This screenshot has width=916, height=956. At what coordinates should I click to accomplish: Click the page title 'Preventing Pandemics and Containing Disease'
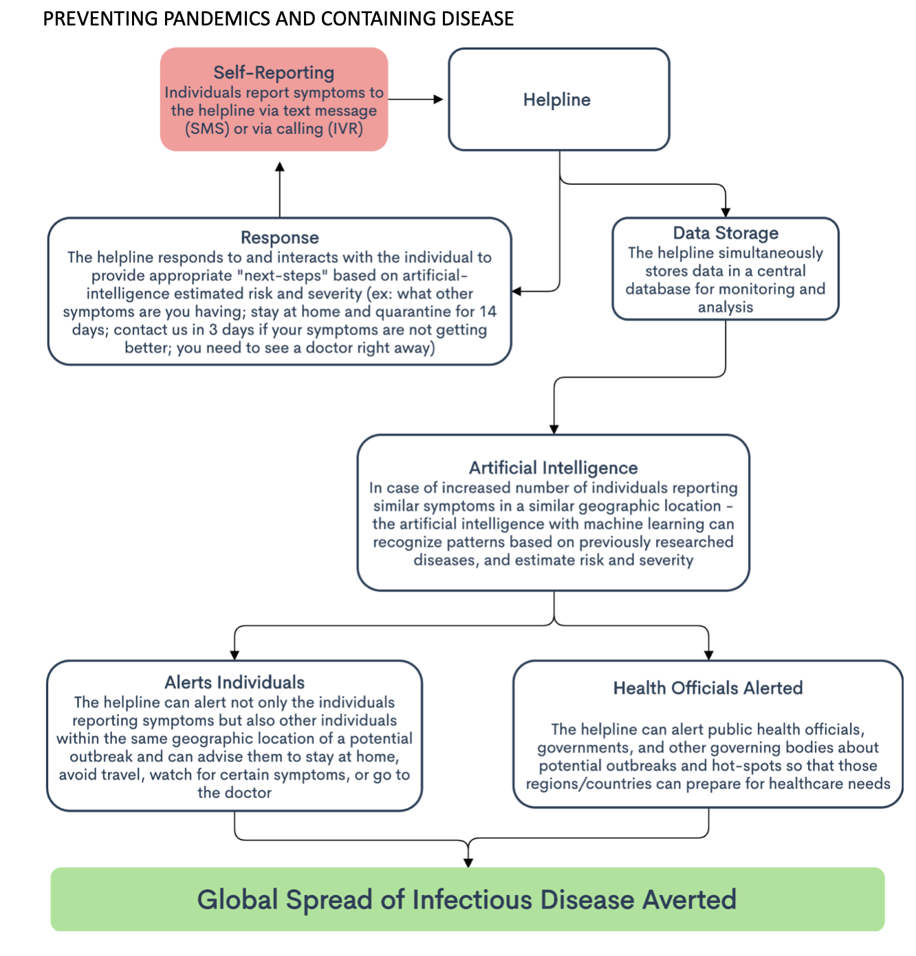point(278,19)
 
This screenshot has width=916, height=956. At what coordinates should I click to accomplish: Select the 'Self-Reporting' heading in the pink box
point(274,73)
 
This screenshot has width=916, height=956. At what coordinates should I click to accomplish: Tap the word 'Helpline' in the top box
point(556,100)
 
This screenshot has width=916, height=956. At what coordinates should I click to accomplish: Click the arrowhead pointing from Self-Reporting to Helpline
point(438,99)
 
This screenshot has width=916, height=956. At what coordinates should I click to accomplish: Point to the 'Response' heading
point(279,238)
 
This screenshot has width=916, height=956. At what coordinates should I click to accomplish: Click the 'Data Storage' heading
point(726,233)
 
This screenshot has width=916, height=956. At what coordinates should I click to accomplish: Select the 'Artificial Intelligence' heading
point(553,468)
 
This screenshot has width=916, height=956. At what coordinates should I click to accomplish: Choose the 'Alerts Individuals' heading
point(235,682)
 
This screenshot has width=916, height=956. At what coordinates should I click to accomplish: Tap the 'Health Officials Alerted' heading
point(708,688)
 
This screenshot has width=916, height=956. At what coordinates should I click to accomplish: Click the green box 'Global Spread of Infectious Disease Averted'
point(467,899)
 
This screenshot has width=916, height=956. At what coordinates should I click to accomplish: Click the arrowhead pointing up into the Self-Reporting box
point(279,167)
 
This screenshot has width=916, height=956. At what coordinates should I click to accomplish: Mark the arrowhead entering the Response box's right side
point(516,292)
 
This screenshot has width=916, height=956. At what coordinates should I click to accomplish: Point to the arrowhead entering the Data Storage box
point(726,213)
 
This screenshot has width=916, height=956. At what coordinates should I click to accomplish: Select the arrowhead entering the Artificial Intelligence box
point(554,429)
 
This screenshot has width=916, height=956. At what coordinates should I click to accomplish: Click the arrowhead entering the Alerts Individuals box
point(235,655)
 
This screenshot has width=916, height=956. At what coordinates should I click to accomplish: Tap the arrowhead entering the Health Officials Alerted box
point(708,655)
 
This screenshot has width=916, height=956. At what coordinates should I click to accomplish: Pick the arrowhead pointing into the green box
point(468,862)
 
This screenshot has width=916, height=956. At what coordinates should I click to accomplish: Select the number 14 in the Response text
point(488,312)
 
